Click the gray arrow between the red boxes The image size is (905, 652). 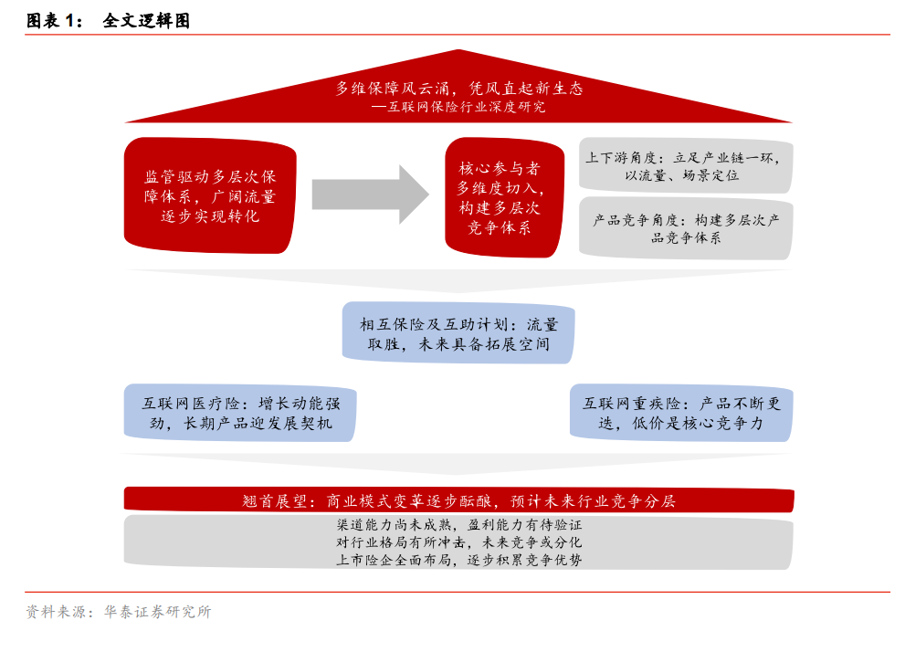(370, 195)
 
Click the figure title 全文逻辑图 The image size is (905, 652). (147, 21)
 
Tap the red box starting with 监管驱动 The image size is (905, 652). (210, 195)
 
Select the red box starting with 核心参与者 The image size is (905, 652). (504, 197)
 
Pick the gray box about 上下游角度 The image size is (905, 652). (686, 165)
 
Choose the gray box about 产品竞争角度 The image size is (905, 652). (686, 228)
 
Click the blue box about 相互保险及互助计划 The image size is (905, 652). (458, 333)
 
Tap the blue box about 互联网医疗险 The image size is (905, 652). (240, 413)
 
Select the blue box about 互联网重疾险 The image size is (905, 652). (681, 413)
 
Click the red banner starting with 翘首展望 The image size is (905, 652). (458, 500)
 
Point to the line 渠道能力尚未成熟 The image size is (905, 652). (459, 524)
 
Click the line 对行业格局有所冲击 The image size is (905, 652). (459, 542)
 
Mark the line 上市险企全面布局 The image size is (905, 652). (459, 559)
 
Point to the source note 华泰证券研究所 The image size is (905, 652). (158, 612)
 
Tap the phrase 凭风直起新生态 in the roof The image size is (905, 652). (526, 89)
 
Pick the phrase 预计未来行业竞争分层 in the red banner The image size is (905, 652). (593, 500)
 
